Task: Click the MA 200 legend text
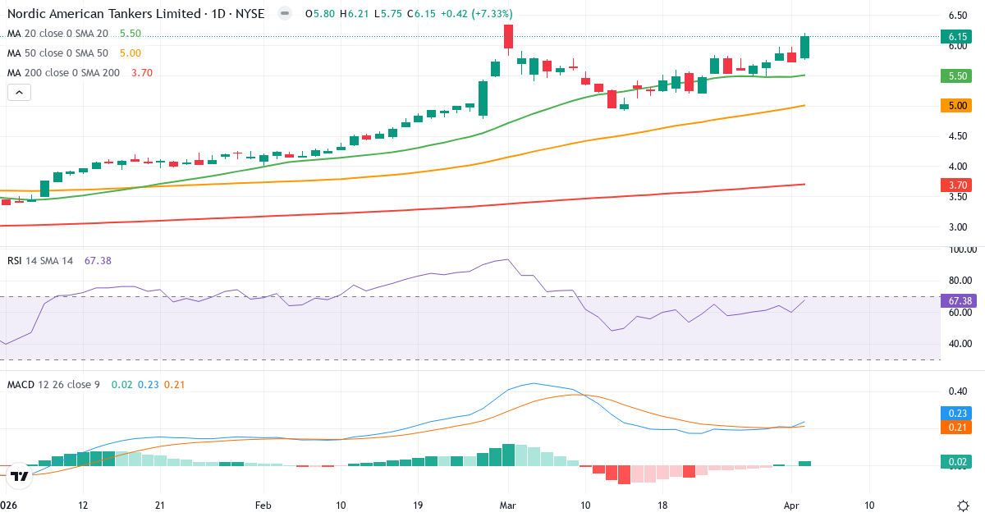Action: click(63, 72)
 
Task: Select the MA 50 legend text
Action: click(57, 53)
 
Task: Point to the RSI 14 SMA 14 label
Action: click(40, 260)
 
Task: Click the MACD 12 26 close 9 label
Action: click(53, 384)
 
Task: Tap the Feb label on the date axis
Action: click(263, 506)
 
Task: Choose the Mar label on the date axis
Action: click(507, 506)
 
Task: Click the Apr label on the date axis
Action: click(791, 506)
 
